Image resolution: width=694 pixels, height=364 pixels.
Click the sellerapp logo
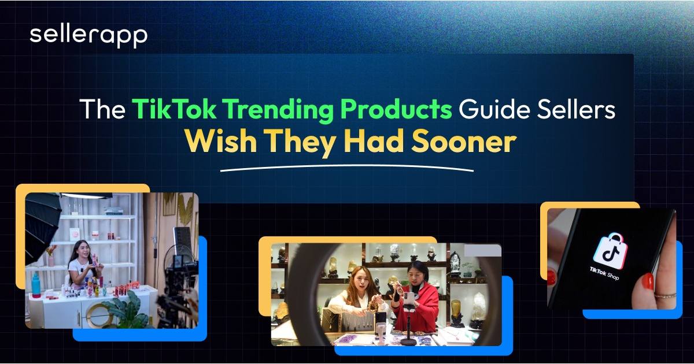pyautogui.click(x=88, y=36)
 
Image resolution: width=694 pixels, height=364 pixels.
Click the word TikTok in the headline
pyautogui.click(x=174, y=109)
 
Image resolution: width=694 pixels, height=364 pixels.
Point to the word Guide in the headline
pyautogui.click(x=494, y=109)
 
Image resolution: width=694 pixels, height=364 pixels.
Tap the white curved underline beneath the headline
pyautogui.click(x=347, y=166)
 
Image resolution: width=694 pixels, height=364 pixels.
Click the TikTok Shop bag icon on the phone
pyautogui.click(x=610, y=251)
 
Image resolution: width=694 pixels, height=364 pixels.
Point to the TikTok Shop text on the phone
pyautogui.click(x=604, y=274)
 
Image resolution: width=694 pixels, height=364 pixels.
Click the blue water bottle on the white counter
pyautogui.click(x=36, y=285)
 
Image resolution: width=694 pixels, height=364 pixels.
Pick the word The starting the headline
pyautogui.click(x=102, y=109)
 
